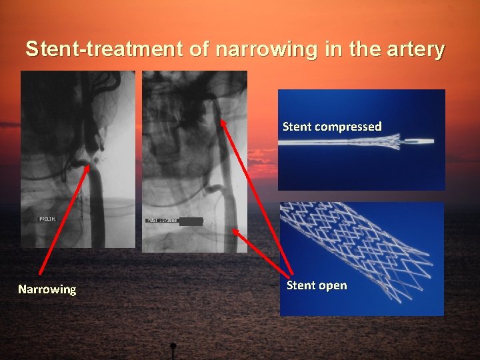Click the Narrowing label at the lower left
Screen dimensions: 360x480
click(x=47, y=289)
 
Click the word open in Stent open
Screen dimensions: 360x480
click(x=333, y=285)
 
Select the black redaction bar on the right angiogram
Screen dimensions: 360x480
click(x=191, y=221)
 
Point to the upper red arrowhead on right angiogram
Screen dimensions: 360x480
click(x=223, y=123)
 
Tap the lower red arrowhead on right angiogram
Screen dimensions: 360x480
click(x=235, y=231)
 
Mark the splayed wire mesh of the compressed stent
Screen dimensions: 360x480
click(x=380, y=141)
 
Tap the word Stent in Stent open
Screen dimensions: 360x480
click(x=301, y=285)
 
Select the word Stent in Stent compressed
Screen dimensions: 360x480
click(x=298, y=127)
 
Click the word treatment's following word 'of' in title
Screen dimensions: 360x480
click(x=203, y=49)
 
